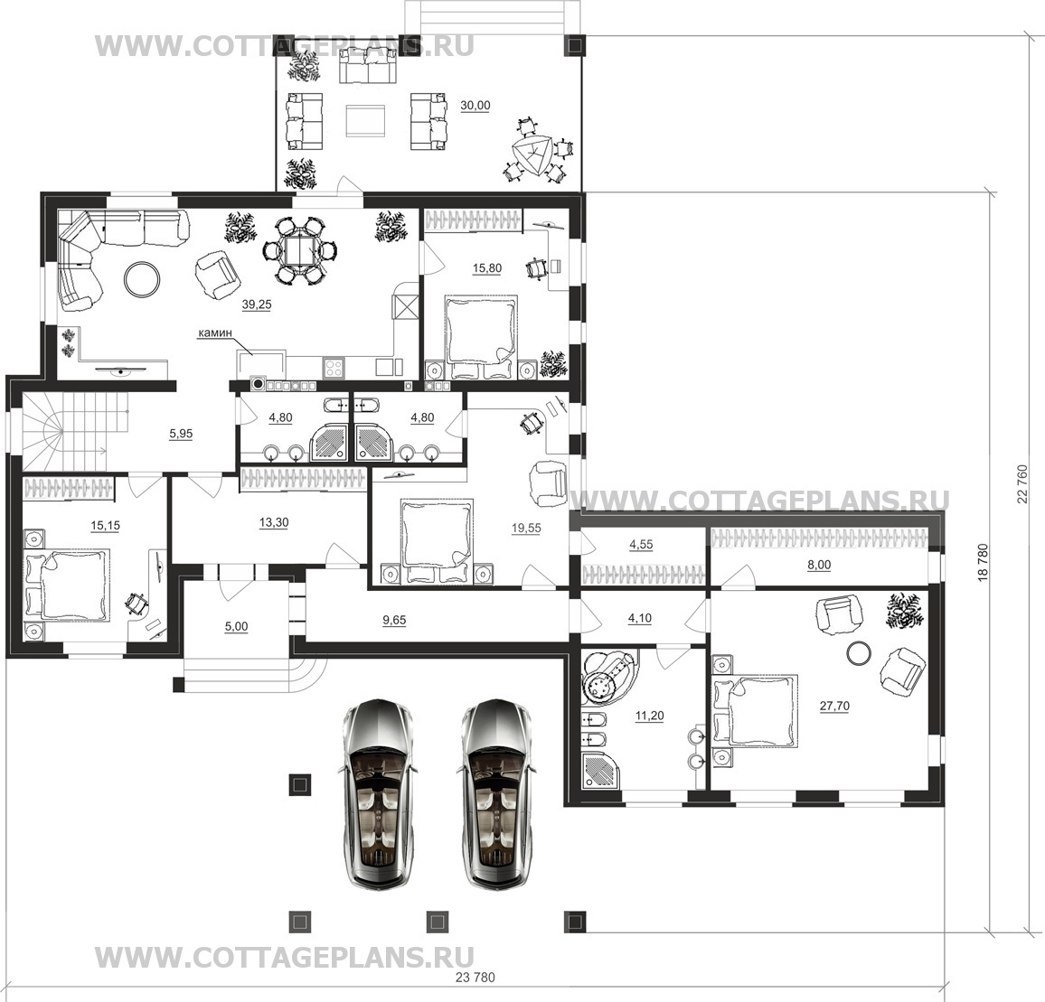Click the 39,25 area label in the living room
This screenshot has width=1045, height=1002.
257,305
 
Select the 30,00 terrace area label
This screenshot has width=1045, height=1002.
475,106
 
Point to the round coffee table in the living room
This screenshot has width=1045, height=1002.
142,277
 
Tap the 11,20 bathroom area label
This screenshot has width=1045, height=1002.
649,716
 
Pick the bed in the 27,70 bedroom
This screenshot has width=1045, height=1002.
756,709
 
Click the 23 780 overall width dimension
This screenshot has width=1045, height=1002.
475,978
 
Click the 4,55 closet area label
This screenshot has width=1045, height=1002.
641,545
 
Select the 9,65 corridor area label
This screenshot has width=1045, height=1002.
394,620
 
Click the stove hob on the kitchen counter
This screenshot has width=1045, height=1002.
334,369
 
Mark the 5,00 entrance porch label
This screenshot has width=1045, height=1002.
236,627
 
